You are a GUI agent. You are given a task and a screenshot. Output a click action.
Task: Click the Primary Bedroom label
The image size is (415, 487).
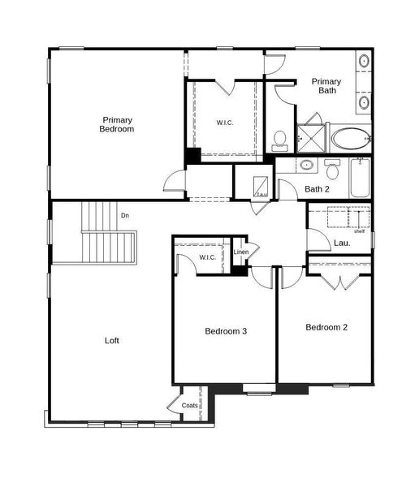pyautogui.click(x=117, y=124)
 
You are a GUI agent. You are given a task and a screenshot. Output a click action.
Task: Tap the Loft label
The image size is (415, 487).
pyautogui.click(x=112, y=341)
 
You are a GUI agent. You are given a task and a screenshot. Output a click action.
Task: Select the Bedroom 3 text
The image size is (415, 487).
pyautogui.click(x=226, y=331)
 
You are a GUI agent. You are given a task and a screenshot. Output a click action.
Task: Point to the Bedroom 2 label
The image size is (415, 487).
pyautogui.click(x=326, y=328)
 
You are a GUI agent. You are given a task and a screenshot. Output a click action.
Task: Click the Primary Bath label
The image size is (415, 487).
pyautogui.click(x=326, y=85)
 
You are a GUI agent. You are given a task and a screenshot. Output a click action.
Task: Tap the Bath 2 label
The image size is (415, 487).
pyautogui.click(x=317, y=190)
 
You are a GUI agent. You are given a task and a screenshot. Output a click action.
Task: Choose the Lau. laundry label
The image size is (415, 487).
pyautogui.click(x=342, y=243)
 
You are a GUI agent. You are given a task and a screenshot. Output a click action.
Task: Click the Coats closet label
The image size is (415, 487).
pyautogui.click(x=190, y=405)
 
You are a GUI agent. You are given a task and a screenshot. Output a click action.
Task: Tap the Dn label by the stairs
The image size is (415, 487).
pyautogui.click(x=125, y=215)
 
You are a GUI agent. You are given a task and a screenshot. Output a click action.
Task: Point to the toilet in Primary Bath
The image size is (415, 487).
pyautogui.click(x=280, y=141)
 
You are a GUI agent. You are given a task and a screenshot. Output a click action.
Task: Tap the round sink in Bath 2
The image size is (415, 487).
pyautogui.click(x=307, y=166)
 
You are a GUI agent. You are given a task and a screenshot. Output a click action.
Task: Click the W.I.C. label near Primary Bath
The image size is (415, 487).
pyautogui.click(x=225, y=123)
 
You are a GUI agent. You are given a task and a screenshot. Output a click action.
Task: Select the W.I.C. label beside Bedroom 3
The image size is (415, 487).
pyautogui.click(x=208, y=258)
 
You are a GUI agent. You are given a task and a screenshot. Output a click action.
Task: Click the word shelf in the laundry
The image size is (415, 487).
pyautogui.click(x=359, y=231)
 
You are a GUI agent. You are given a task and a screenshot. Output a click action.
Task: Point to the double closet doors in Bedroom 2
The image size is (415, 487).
pyautogui.click(x=339, y=282)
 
